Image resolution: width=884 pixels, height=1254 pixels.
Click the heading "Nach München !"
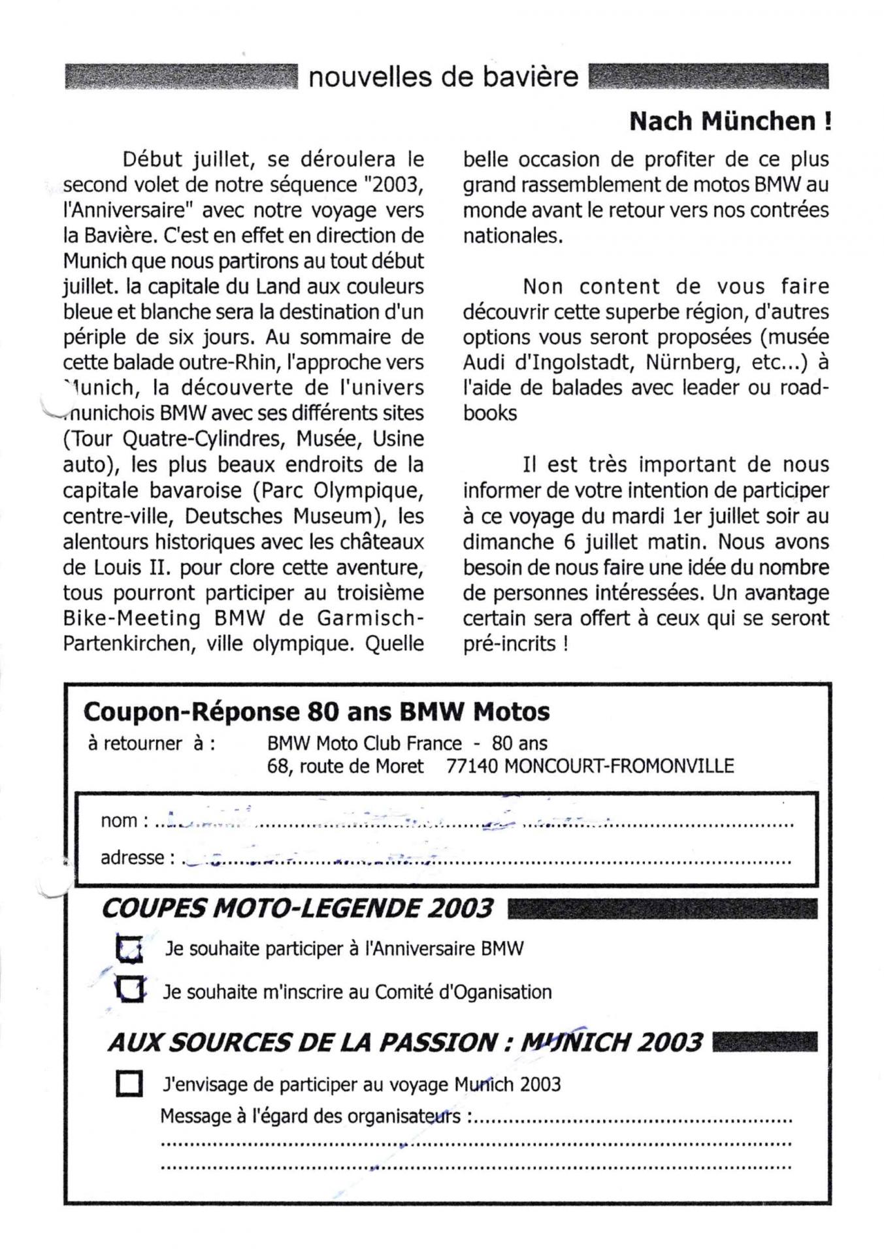pos(730,121)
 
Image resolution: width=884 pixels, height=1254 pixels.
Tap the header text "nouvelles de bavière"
pos(443,78)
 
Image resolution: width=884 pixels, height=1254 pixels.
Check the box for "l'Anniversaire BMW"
pos(129,950)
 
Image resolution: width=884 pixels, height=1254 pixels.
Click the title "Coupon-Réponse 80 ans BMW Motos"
pos(316,711)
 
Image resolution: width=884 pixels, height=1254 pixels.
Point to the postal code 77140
pos(472,765)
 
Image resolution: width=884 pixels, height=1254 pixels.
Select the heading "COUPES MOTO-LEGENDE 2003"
pos(297,908)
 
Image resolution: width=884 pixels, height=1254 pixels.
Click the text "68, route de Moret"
pos(345,765)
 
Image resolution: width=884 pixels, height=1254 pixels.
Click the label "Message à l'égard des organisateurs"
pos(310,1116)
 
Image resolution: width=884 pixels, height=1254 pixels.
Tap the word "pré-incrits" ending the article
pos(509,645)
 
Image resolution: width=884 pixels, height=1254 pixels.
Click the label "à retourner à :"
pos(151,743)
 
